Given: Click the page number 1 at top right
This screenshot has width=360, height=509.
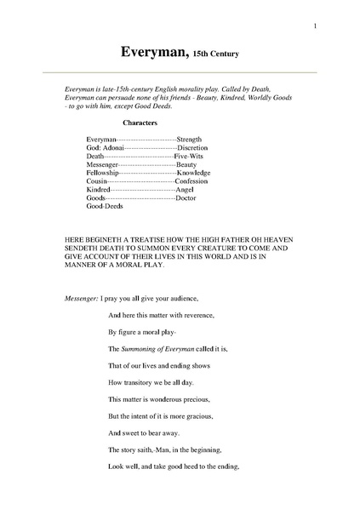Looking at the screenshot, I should (x=315, y=26).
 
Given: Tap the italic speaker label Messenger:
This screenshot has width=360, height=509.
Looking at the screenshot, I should (x=81, y=300).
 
